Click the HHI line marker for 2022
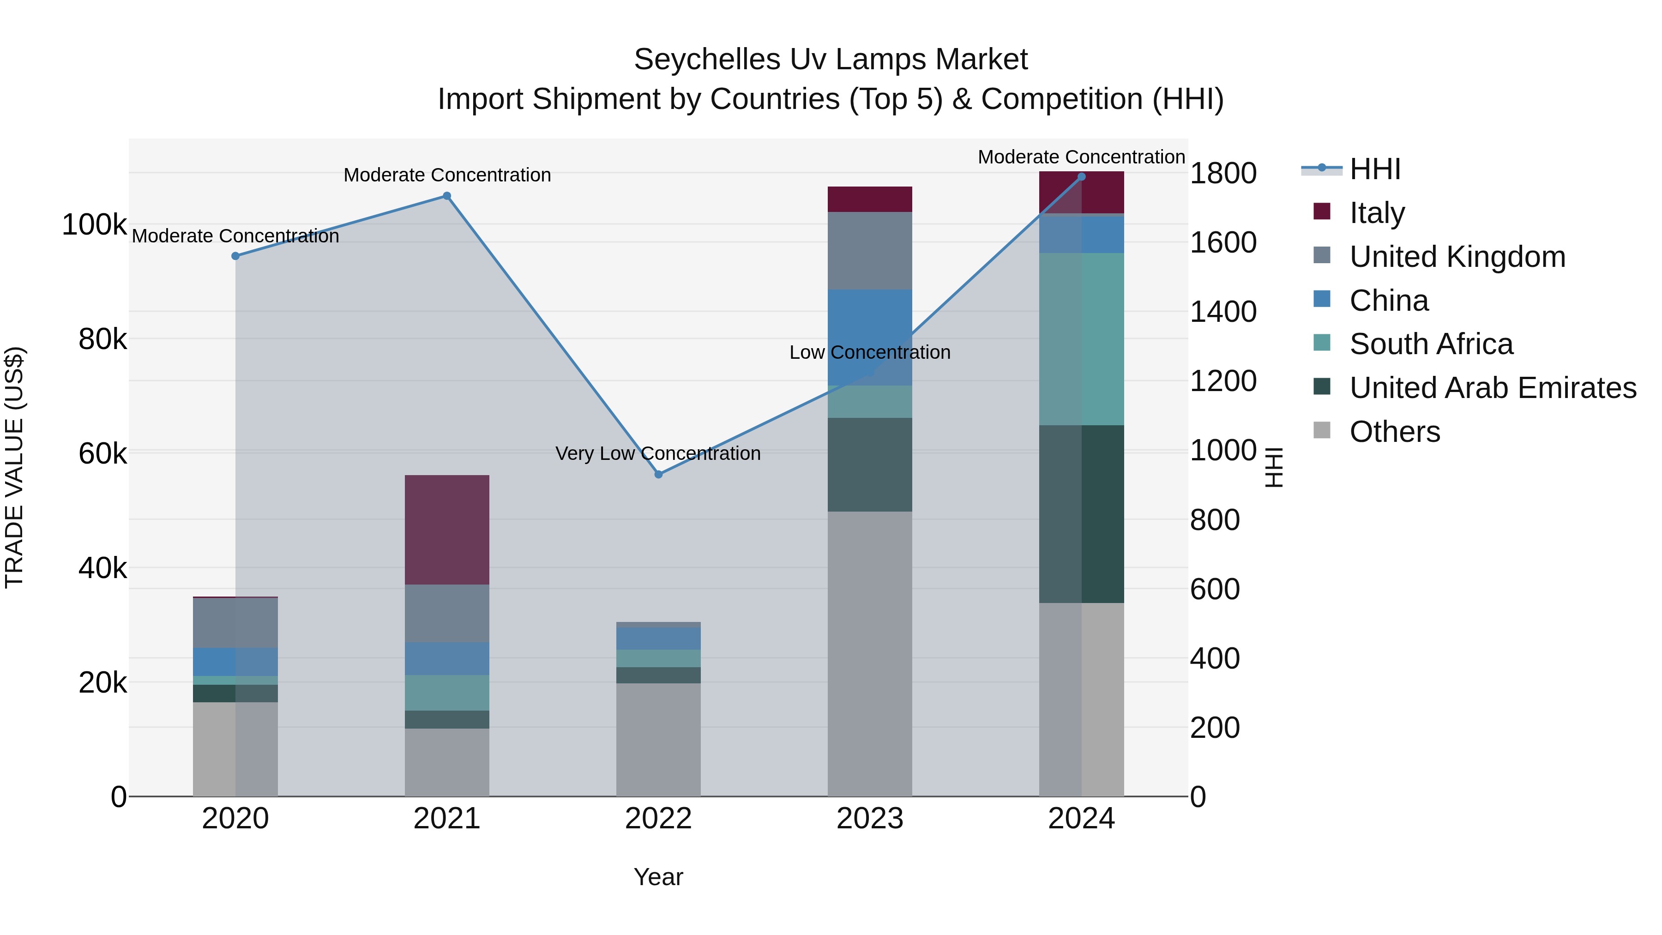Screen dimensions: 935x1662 (658, 474)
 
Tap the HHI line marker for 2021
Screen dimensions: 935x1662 (446, 196)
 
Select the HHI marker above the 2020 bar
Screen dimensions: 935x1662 (235, 256)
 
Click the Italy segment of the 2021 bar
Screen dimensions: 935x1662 (446, 529)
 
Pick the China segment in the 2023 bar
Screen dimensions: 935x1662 (870, 337)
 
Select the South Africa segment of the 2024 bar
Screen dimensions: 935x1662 (1081, 339)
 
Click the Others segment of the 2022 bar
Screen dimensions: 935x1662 (658, 739)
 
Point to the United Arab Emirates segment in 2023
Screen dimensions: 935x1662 (870, 464)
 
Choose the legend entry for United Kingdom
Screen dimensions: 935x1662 (1457, 257)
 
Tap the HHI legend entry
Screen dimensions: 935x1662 (1374, 169)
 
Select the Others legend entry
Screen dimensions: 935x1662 (1394, 432)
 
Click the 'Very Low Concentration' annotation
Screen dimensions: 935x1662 (657, 453)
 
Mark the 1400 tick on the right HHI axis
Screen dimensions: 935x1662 (1222, 312)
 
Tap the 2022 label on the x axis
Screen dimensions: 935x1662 (658, 819)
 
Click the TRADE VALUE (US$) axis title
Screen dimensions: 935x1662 (14, 467)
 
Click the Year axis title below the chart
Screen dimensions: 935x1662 (658, 877)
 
